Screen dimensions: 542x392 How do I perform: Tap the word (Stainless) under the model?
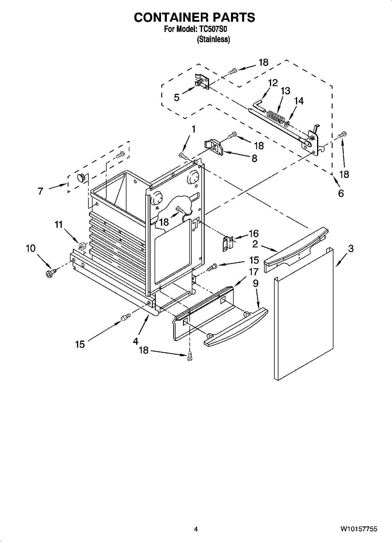click(213, 39)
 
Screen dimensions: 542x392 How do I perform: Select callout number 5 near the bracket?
click(177, 97)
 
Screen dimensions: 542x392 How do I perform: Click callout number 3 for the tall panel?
click(350, 249)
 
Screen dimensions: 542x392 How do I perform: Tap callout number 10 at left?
click(30, 248)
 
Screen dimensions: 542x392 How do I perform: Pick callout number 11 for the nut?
click(59, 225)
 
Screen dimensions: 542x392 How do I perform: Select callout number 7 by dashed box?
click(40, 191)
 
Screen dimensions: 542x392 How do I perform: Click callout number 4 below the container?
click(135, 341)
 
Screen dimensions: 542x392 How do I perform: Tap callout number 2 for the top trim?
click(255, 244)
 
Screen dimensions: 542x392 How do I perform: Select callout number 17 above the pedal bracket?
click(254, 272)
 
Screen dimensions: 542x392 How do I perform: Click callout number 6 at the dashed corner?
click(341, 193)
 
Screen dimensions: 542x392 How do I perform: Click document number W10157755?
click(359, 529)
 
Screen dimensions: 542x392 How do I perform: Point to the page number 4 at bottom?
click(196, 529)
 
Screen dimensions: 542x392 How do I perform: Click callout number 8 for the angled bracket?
click(254, 159)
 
